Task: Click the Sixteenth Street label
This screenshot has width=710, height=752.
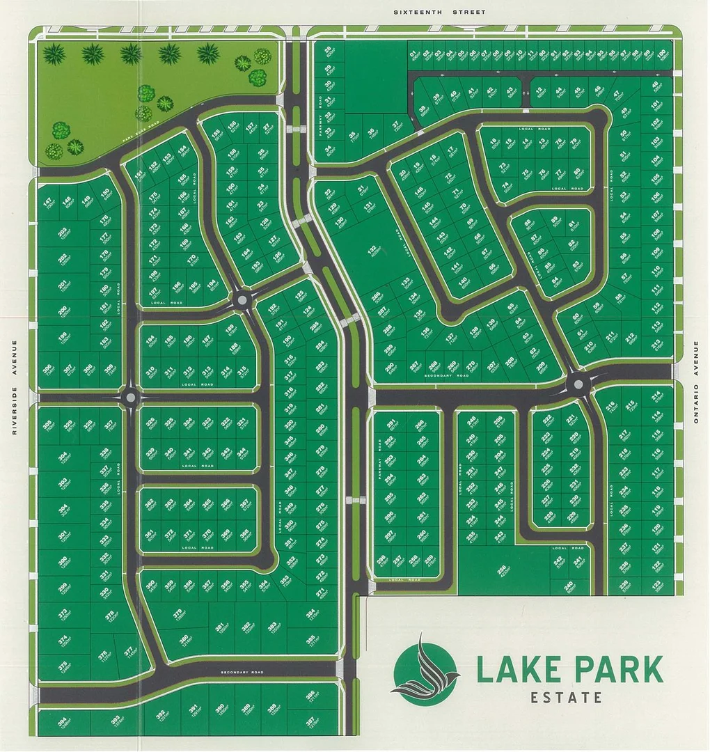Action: click(439, 12)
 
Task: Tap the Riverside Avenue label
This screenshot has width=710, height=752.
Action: click(13, 387)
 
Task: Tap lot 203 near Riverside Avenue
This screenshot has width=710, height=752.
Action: click(63, 233)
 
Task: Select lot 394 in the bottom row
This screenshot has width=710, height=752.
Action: click(63, 721)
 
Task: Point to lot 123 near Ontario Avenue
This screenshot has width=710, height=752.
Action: click(656, 584)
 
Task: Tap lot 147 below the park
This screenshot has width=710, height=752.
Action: click(48, 203)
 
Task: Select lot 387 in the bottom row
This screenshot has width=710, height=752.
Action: click(310, 721)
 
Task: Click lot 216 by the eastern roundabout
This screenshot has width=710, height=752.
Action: click(610, 407)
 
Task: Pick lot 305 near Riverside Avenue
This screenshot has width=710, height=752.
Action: click(48, 425)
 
